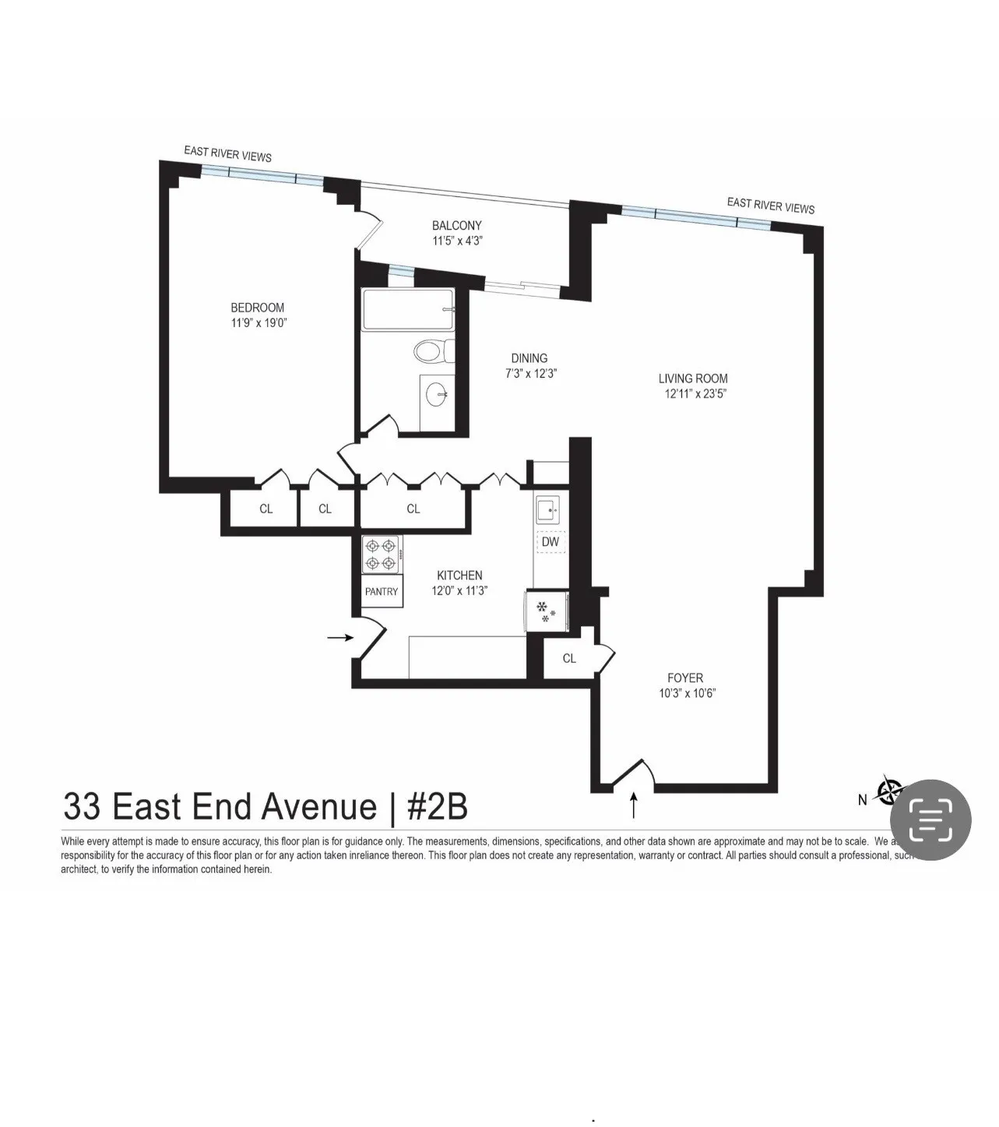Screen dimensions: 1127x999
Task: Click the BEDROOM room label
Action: (x=257, y=308)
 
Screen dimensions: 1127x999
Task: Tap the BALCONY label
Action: (x=457, y=226)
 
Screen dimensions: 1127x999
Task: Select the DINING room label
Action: (x=529, y=358)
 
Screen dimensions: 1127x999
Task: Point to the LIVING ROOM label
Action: (x=693, y=379)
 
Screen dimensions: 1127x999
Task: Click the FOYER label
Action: (x=685, y=678)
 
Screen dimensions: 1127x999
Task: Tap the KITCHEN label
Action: (x=459, y=576)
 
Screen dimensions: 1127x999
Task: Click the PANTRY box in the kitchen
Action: (x=382, y=592)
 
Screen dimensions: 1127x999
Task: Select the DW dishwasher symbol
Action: (x=551, y=541)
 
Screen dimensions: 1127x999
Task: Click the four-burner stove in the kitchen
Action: (x=382, y=555)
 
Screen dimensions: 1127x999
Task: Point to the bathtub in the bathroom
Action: (x=408, y=310)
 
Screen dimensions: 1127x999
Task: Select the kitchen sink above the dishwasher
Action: (x=548, y=510)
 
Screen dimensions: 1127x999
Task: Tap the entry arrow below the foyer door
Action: (x=634, y=805)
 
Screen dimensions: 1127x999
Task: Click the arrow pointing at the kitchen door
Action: (x=340, y=638)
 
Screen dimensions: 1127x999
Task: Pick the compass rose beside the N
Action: (x=889, y=792)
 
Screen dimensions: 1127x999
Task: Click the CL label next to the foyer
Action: (x=569, y=659)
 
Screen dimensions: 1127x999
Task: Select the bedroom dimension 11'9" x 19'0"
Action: (x=259, y=323)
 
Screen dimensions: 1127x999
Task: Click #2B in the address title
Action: (x=438, y=807)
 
